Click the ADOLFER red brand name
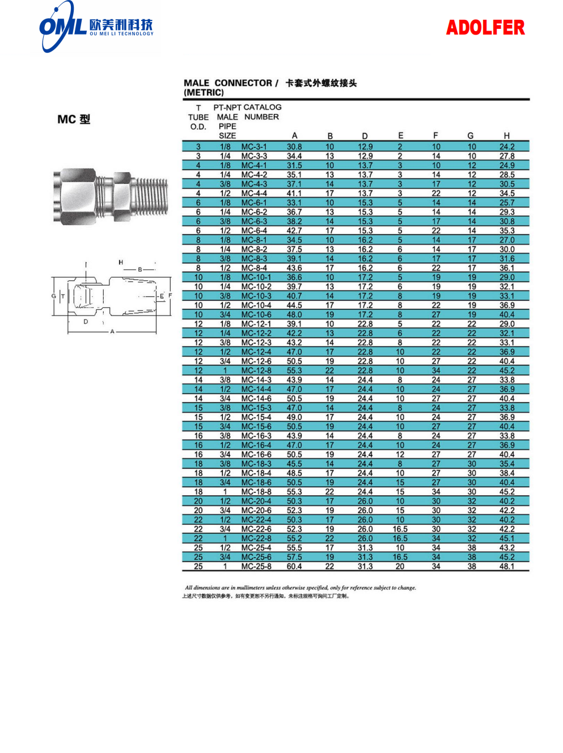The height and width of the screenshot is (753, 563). click(x=485, y=28)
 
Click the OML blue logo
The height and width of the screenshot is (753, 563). click(x=62, y=27)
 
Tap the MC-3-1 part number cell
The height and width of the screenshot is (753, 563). click(x=254, y=147)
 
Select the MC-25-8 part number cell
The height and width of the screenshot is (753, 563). click(x=256, y=566)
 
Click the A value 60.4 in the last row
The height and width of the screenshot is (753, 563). click(x=294, y=566)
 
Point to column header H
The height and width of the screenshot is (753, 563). click(x=506, y=136)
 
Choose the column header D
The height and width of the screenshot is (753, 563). click(x=365, y=136)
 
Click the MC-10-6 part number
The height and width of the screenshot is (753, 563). click(x=256, y=314)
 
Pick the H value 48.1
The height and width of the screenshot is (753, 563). click(x=507, y=566)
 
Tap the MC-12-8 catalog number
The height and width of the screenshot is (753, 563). click(x=256, y=371)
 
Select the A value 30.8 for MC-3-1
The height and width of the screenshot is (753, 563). click(x=294, y=147)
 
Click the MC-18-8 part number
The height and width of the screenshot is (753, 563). click(x=256, y=492)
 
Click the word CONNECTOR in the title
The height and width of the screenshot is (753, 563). click(x=243, y=83)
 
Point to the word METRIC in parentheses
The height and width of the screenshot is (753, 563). click(x=204, y=93)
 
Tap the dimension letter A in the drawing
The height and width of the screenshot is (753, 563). click(x=112, y=331)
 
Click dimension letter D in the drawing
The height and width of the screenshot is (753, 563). click(x=86, y=321)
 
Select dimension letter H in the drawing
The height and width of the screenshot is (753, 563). click(x=121, y=262)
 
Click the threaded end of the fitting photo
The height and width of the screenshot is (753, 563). click(x=150, y=193)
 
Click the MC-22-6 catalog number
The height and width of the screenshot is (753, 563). click(x=256, y=529)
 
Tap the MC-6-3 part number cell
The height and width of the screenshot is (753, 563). click(x=254, y=222)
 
